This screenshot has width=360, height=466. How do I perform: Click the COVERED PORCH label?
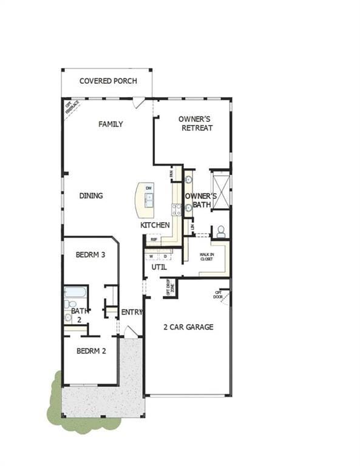pos(108,81)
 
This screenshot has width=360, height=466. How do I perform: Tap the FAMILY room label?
pos(110,124)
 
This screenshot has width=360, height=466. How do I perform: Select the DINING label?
pos(91,195)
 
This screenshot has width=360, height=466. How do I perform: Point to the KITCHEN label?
pos(155,225)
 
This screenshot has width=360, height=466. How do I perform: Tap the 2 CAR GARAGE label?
pos(188,327)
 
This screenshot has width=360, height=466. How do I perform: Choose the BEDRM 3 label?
pos(90,255)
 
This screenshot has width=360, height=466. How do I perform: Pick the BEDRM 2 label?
pos(91,351)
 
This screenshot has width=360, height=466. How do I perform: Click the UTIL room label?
pos(159,266)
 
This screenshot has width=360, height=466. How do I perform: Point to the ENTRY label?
pos(132,312)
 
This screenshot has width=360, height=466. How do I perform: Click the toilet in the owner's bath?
pos(221,231)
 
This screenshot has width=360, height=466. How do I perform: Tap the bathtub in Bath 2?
pos(75,292)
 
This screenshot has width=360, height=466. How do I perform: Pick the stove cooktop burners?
pos(176,209)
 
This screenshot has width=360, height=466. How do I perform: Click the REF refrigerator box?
pos(154,240)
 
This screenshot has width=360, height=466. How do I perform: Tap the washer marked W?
pos(152,256)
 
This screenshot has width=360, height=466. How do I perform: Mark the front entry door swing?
pos(131,332)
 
